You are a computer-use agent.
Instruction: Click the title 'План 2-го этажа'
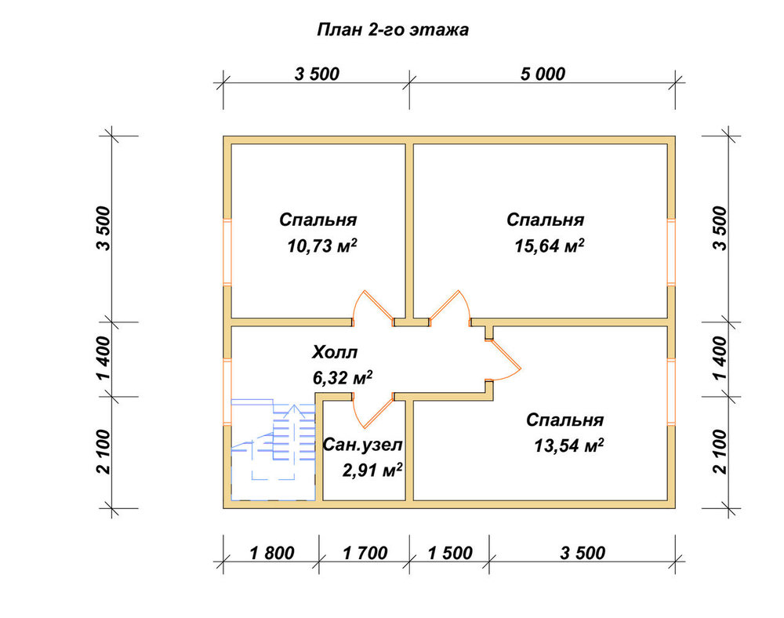[x=393, y=30]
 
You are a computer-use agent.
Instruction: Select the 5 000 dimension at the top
[x=543, y=74]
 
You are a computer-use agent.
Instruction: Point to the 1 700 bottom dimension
[x=365, y=553]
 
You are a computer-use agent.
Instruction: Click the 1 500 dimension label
[x=450, y=553]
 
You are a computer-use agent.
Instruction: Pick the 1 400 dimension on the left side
[x=103, y=358]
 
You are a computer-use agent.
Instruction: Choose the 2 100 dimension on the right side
[x=720, y=452]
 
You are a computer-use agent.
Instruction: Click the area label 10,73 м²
[x=322, y=246]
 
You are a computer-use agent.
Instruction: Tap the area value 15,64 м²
[x=550, y=246]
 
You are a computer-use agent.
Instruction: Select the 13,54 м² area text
[x=568, y=445]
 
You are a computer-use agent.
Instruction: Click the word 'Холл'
[x=335, y=352]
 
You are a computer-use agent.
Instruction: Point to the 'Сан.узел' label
[x=362, y=445]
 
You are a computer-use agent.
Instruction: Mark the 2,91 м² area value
[x=372, y=470]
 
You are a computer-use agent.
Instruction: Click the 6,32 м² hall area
[x=343, y=378]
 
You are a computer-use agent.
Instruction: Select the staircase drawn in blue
[x=273, y=449]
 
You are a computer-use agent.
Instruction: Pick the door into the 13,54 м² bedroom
[x=503, y=361]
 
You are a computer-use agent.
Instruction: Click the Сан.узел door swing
[x=373, y=411]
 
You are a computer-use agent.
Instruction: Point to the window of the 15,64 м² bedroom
[x=671, y=252]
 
